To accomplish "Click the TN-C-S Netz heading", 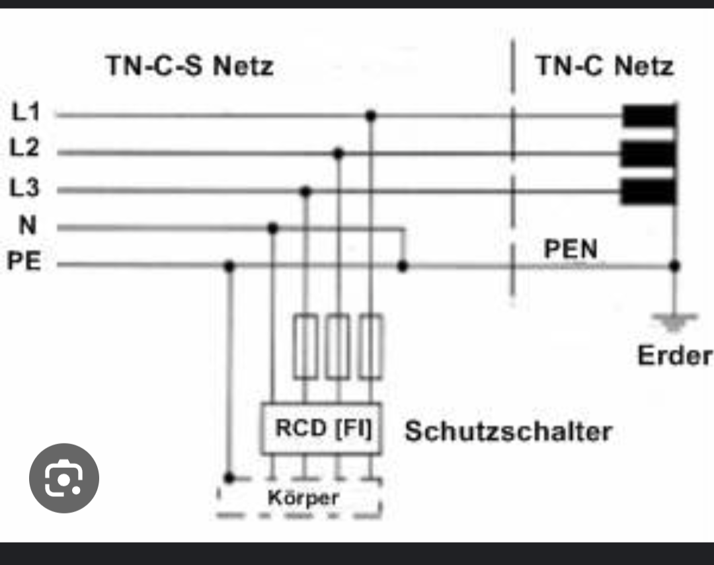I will (x=189, y=67).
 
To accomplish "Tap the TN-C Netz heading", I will (x=604, y=66).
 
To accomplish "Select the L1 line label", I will (x=26, y=113).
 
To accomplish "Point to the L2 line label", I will (x=25, y=148).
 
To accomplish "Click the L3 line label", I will (x=25, y=188).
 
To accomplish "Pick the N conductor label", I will (x=27, y=226).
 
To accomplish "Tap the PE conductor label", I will (x=24, y=262).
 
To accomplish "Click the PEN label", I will (x=571, y=248).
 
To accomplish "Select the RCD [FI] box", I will (x=321, y=428).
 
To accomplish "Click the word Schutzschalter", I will (x=508, y=432).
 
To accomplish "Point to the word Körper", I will (x=303, y=497).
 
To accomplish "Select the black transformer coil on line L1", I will (x=649, y=117).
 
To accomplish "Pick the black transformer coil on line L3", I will (x=649, y=192).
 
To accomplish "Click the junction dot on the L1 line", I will (x=371, y=116).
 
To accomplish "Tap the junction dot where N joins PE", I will (x=403, y=266).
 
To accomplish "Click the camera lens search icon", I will (x=64, y=478).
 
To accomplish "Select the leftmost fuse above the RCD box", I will (x=305, y=347).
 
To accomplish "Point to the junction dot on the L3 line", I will (x=305, y=192).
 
